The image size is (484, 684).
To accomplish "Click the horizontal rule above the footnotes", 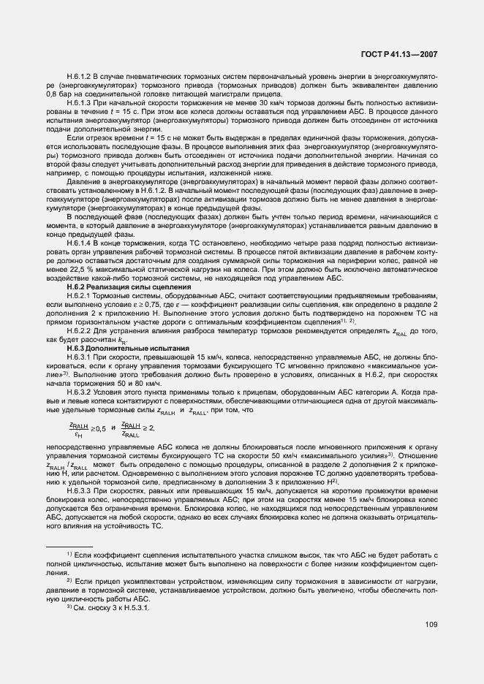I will (x=69, y=546).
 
